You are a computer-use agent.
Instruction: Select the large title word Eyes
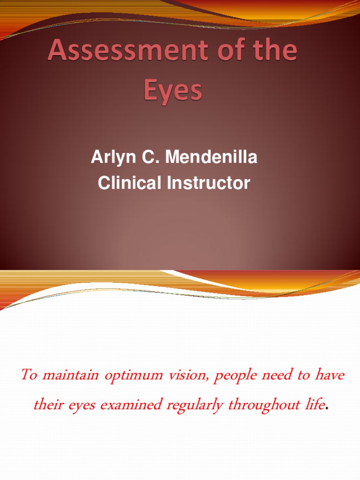(173, 91)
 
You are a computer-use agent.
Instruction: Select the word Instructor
(209, 183)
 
